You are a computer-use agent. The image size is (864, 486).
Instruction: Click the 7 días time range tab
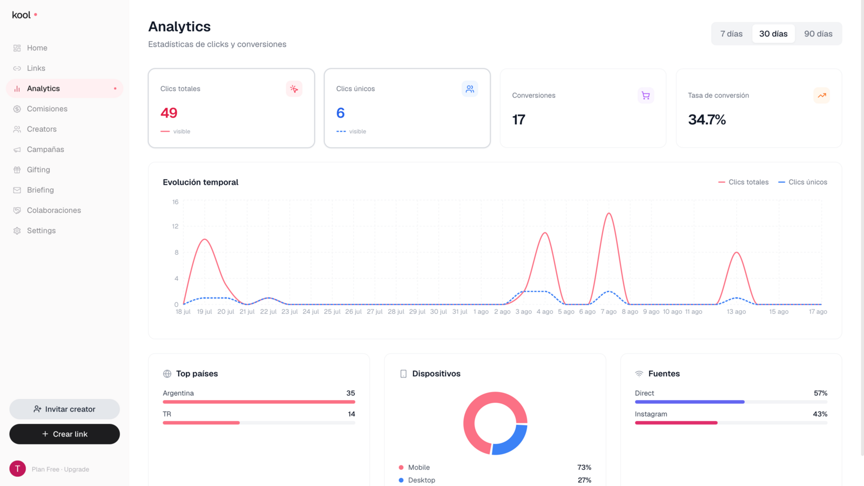point(731,33)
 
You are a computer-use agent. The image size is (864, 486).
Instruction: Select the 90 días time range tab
point(818,33)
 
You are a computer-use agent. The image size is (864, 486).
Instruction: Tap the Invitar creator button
point(64,409)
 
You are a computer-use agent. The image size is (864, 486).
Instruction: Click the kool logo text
point(21,15)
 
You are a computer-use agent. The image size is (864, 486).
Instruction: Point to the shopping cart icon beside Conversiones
point(646,95)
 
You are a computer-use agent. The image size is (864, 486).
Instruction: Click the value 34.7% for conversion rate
point(707,119)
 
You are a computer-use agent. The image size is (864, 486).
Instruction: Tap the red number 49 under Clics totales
point(169,113)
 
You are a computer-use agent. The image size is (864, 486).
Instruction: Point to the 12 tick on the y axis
point(175,226)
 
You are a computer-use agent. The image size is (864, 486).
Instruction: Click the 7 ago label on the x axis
point(609,312)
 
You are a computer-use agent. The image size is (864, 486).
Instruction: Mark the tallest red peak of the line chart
point(609,213)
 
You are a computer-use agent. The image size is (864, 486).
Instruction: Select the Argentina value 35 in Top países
point(350,393)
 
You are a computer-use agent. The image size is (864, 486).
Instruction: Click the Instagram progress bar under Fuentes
point(731,423)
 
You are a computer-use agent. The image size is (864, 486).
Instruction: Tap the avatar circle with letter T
point(17,469)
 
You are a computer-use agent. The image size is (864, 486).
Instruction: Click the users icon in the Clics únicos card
point(470,89)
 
